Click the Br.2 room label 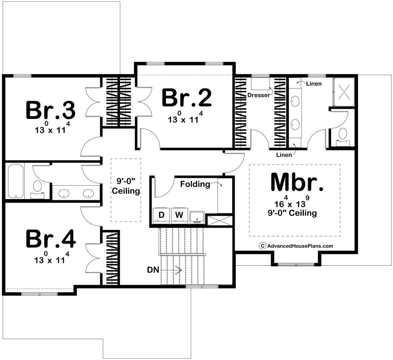186,98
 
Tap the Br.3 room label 51,110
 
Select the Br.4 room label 51,239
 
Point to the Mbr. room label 297,182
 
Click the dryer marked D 161,215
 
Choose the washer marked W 179,215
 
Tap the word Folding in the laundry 195,184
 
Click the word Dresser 259,95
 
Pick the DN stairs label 153,270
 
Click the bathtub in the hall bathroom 15,180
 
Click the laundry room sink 197,217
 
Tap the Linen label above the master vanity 314,83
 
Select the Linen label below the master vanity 284,155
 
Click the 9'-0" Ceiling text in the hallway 126,187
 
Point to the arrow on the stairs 177,270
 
